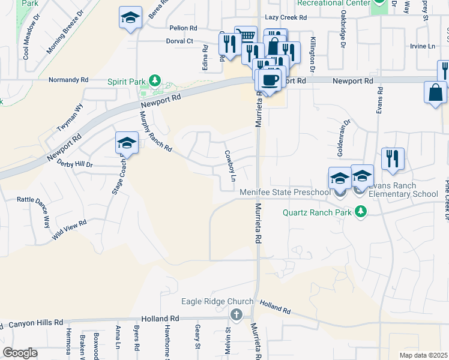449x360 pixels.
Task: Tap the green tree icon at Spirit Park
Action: click(x=155, y=80)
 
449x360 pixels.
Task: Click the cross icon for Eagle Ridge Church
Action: click(x=237, y=314)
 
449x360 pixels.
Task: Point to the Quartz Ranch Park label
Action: click(x=318, y=211)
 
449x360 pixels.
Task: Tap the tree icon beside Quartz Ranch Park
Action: click(x=360, y=211)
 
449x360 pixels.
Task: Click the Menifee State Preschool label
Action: click(x=286, y=193)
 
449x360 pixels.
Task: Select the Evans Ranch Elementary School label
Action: click(x=403, y=190)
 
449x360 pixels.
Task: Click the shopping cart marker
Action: click(x=245, y=35)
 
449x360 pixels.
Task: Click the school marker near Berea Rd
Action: click(x=130, y=17)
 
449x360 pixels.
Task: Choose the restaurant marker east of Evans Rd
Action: click(x=393, y=158)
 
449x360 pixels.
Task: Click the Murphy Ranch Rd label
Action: click(x=155, y=133)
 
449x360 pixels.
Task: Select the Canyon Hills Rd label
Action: click(x=35, y=323)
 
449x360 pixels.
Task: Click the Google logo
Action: click(x=20, y=353)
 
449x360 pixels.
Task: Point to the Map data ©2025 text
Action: click(x=424, y=355)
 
